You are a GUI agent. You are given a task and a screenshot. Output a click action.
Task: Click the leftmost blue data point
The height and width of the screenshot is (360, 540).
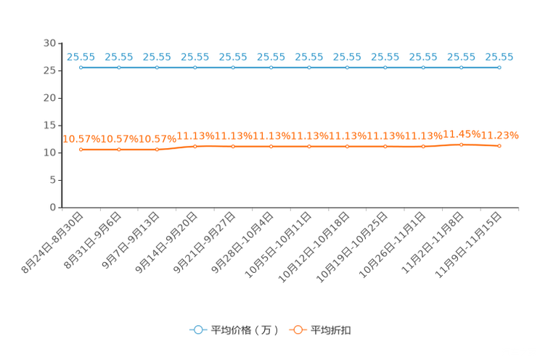click(81, 67)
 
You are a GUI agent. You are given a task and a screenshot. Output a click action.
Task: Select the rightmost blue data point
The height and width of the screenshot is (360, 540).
click(499, 67)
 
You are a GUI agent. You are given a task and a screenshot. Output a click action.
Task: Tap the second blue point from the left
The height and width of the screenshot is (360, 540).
click(119, 67)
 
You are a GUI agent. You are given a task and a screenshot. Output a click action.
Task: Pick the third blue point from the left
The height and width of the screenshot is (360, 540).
click(157, 67)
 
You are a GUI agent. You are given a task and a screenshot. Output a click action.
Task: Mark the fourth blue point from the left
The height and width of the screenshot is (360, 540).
click(195, 67)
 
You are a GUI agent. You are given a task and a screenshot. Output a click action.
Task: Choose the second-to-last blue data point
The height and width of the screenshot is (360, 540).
click(462, 67)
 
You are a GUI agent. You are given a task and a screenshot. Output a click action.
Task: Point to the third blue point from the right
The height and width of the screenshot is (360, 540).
click(424, 67)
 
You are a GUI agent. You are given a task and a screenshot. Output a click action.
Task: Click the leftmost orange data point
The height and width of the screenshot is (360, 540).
click(81, 150)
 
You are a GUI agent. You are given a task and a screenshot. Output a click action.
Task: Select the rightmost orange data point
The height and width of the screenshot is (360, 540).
click(499, 147)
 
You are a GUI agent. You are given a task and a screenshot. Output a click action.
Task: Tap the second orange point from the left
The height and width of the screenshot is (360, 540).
click(119, 150)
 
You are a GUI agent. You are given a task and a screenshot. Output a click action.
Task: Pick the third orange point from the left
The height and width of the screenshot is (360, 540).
click(157, 150)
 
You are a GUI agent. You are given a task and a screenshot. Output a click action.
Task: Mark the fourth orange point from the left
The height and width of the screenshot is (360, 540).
click(195, 147)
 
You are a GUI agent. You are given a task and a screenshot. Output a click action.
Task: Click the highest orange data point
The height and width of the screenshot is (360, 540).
click(462, 144)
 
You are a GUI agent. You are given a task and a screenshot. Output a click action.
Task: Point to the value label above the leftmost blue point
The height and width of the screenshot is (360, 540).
click(81, 56)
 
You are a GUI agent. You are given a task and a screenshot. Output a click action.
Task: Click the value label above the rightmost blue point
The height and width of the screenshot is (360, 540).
click(499, 56)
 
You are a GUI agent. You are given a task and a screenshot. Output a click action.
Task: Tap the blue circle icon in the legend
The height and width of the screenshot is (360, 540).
click(197, 330)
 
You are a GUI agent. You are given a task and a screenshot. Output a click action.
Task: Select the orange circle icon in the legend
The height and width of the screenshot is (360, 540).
click(297, 330)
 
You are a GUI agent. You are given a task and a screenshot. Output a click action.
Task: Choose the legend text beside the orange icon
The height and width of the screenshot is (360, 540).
click(332, 330)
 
